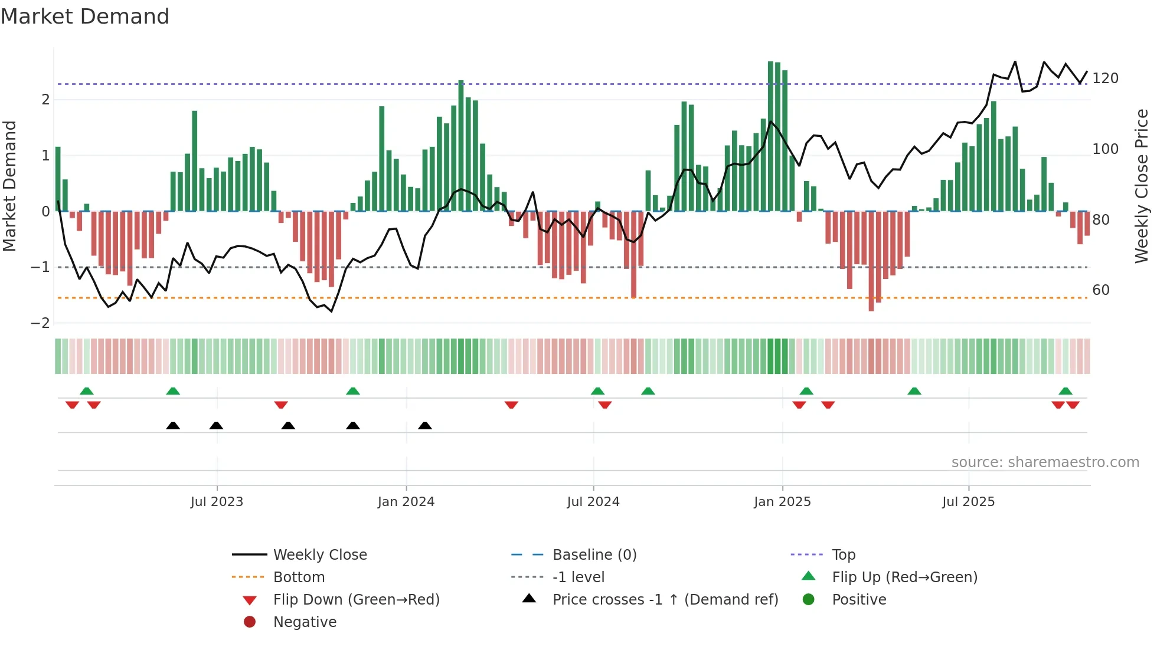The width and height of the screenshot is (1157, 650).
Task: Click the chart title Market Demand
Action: tap(85, 17)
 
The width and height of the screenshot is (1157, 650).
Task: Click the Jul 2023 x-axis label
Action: tap(217, 502)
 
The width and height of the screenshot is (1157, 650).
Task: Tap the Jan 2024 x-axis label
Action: tap(406, 502)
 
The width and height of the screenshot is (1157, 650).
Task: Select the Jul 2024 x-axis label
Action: tap(593, 502)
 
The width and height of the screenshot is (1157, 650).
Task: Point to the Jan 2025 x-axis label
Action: tap(782, 502)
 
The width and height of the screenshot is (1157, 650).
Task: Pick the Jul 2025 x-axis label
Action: tap(968, 502)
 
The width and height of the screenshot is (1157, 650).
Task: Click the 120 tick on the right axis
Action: tap(1105, 78)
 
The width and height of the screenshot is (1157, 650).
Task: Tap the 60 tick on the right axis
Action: tap(1101, 290)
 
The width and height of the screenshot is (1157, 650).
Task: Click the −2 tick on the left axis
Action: tap(41, 323)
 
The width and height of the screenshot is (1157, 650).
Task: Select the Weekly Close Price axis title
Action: tap(1142, 186)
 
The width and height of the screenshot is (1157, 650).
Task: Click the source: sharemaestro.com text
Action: tap(1045, 462)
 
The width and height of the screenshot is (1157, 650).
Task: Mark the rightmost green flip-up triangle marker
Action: tap(1066, 391)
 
